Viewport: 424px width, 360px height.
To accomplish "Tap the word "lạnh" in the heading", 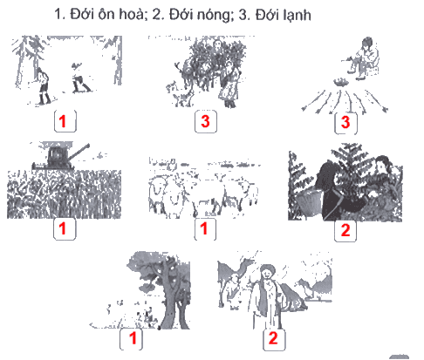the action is [x=297, y=15].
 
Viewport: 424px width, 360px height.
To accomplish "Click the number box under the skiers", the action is [x=65, y=121].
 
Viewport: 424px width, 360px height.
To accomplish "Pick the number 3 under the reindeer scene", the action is [x=205, y=121].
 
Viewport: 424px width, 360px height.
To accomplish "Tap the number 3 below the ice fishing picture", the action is [x=345, y=122].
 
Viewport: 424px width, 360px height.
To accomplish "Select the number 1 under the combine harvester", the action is [x=63, y=228].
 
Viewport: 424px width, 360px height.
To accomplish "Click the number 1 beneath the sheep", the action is [x=204, y=228].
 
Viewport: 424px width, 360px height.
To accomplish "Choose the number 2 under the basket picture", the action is [x=345, y=230].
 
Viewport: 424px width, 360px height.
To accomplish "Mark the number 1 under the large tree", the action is [x=133, y=338].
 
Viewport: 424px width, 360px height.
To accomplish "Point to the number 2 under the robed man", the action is [x=273, y=338].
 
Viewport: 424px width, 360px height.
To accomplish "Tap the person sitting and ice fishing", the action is [x=364, y=58].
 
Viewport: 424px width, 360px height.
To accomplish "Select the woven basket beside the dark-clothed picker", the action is [x=308, y=204].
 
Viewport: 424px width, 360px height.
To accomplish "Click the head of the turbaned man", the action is [x=268, y=273].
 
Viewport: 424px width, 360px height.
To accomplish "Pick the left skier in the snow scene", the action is [x=43, y=85].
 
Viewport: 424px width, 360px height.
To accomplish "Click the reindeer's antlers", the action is [x=178, y=67].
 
